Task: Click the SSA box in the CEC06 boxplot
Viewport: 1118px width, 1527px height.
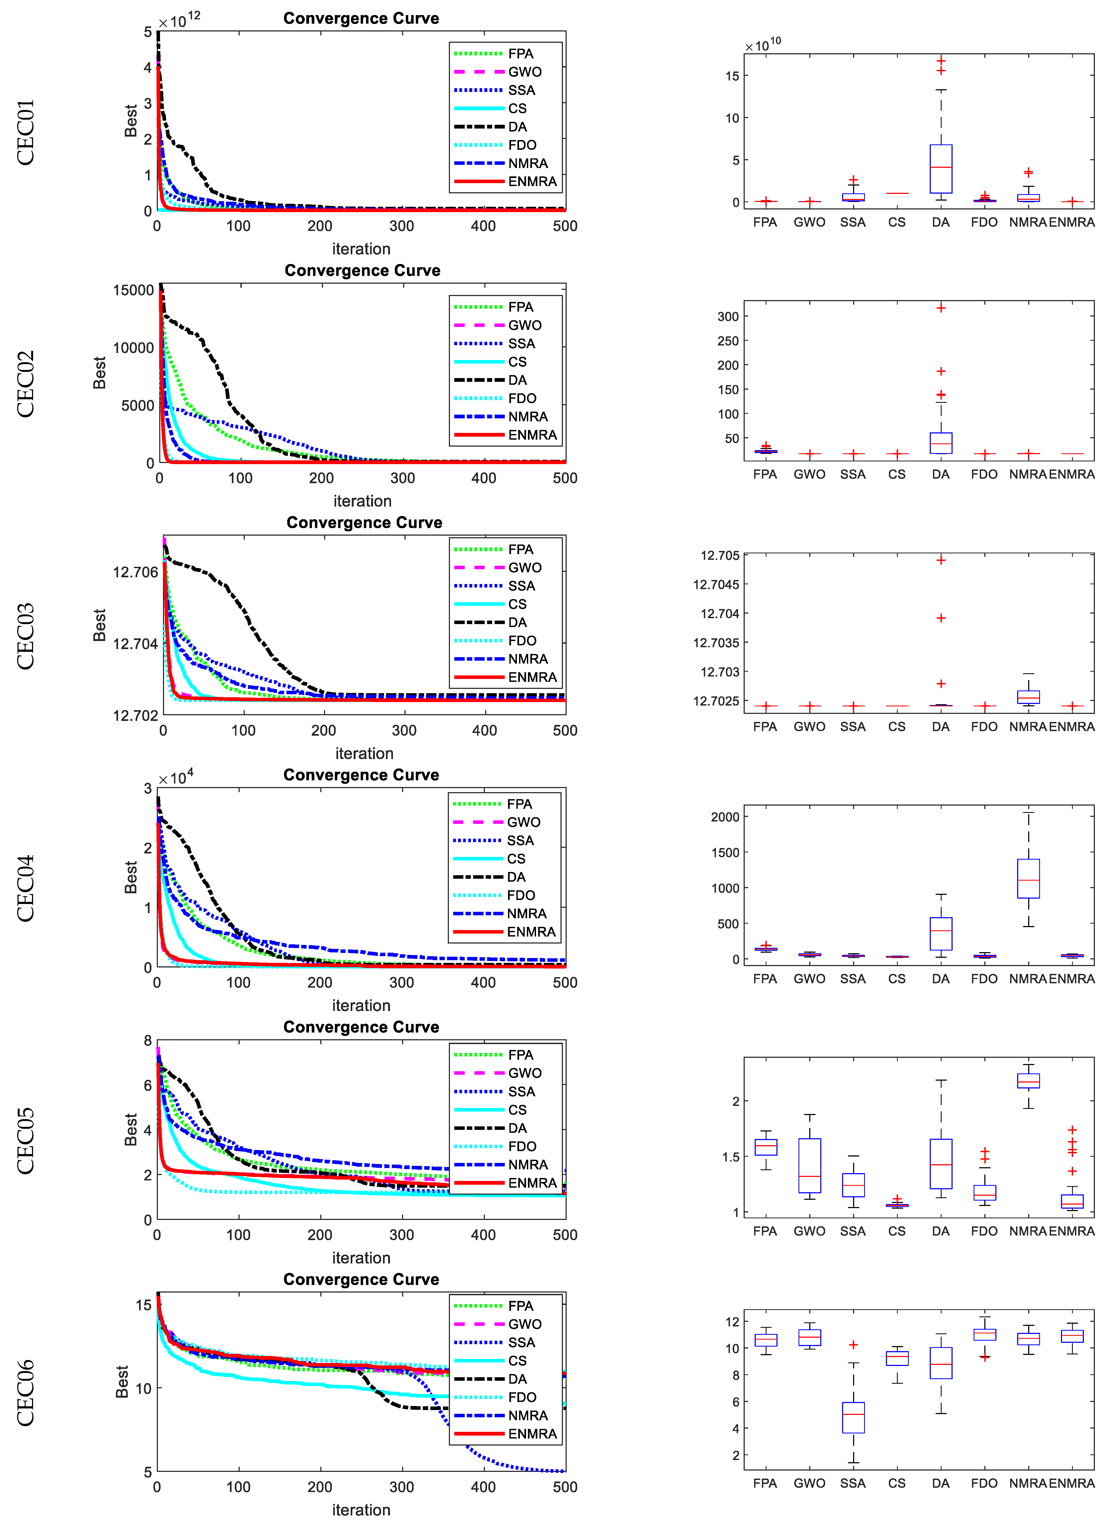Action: click(x=853, y=1417)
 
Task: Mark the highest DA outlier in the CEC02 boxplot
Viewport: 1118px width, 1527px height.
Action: click(x=941, y=308)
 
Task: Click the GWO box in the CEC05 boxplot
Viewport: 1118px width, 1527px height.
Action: click(x=810, y=1165)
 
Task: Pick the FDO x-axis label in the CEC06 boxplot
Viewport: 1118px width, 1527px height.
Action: click(x=984, y=1483)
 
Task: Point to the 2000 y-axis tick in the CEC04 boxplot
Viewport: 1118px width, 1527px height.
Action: click(x=725, y=817)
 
